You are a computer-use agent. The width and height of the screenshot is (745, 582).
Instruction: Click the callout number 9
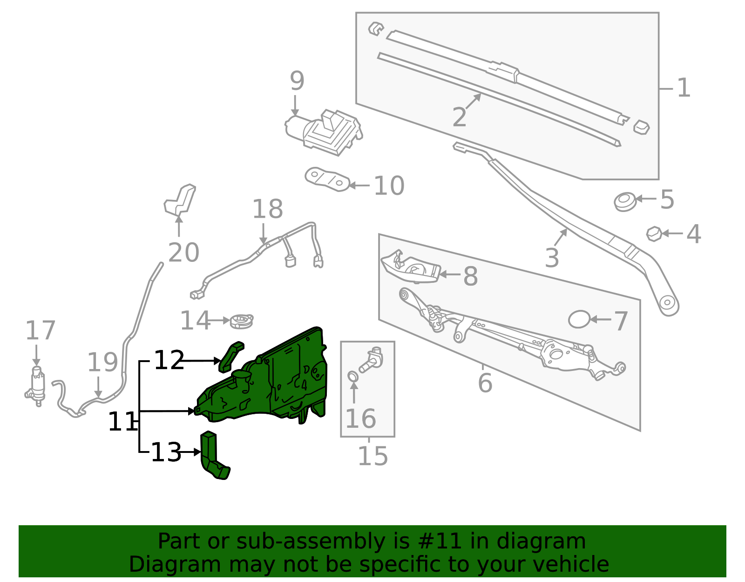coord(297,82)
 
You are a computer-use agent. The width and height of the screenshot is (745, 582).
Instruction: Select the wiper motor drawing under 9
coord(326,131)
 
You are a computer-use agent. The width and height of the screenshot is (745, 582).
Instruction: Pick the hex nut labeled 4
coord(654,233)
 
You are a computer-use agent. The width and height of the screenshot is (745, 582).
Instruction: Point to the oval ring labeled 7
coord(579,320)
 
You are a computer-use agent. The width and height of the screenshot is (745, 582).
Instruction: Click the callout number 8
coord(470,276)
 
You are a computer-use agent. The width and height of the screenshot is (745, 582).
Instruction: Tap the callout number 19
coord(103,363)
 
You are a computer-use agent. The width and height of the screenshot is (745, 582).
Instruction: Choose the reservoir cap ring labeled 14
coord(242,321)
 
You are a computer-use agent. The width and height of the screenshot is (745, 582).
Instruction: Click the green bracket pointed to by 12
coord(231,356)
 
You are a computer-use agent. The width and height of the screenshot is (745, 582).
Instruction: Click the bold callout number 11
coord(122,422)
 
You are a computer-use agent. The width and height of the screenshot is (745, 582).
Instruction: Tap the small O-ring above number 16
coord(353,376)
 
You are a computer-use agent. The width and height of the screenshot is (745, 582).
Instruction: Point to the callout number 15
coord(372,456)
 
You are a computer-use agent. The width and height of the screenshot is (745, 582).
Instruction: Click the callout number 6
coord(485,383)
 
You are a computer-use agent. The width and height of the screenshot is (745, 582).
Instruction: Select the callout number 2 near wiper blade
coord(459,117)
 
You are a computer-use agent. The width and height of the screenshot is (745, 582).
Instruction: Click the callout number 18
coord(267,209)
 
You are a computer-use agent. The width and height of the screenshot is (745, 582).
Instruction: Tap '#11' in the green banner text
coord(439,541)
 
